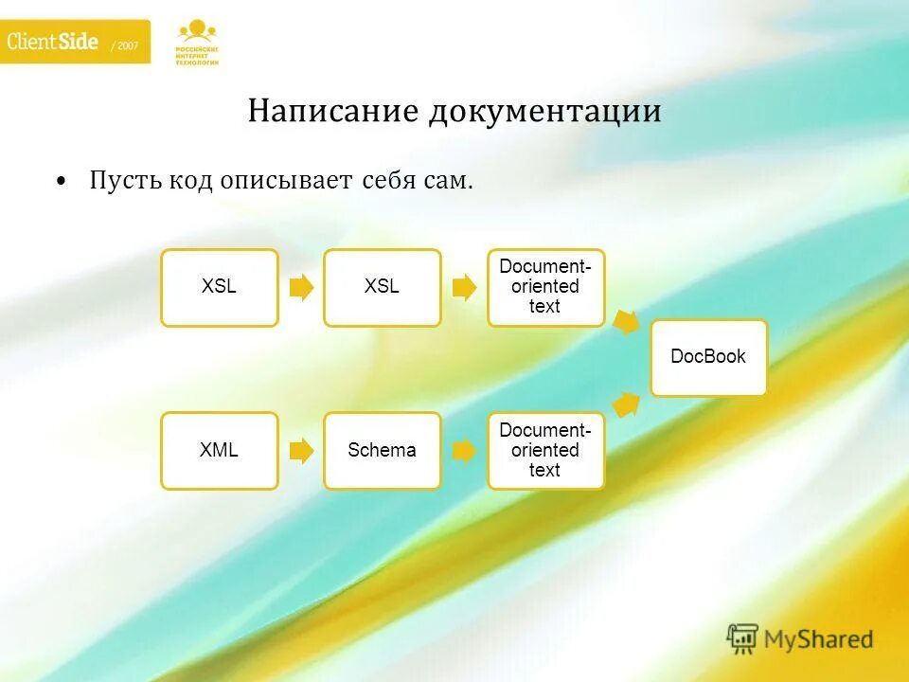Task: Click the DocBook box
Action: (x=708, y=357)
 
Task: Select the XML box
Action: (x=219, y=451)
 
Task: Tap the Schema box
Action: (x=382, y=451)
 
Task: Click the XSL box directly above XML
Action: (x=219, y=287)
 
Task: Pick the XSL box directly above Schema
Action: (x=382, y=287)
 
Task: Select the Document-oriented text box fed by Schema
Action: (x=545, y=451)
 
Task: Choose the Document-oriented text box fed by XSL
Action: (x=545, y=287)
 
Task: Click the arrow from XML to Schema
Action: (x=301, y=451)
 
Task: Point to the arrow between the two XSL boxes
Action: (x=301, y=287)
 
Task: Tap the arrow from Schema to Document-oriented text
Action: (x=464, y=451)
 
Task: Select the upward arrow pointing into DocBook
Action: (x=626, y=404)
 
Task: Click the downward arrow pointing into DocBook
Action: (x=626, y=321)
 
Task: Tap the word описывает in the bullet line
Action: (x=287, y=180)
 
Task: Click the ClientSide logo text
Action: (x=53, y=42)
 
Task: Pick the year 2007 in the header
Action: (x=125, y=45)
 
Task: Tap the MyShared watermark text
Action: (x=818, y=639)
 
